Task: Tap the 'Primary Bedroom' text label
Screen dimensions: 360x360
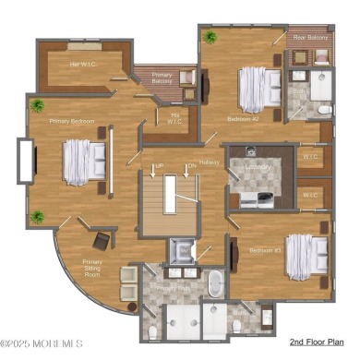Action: pos(71,120)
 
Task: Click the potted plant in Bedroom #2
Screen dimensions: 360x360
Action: pos(210,38)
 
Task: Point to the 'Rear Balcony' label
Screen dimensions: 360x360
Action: pos(310,38)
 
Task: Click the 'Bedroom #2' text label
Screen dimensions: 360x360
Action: pos(244,119)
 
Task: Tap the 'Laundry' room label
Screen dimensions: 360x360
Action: pos(258,167)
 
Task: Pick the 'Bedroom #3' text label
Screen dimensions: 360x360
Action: pos(265,250)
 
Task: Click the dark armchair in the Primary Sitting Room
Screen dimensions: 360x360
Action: pos(102,240)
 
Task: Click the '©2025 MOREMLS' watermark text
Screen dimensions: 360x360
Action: pos(42,341)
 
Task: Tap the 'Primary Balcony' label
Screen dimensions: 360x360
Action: pos(162,79)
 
